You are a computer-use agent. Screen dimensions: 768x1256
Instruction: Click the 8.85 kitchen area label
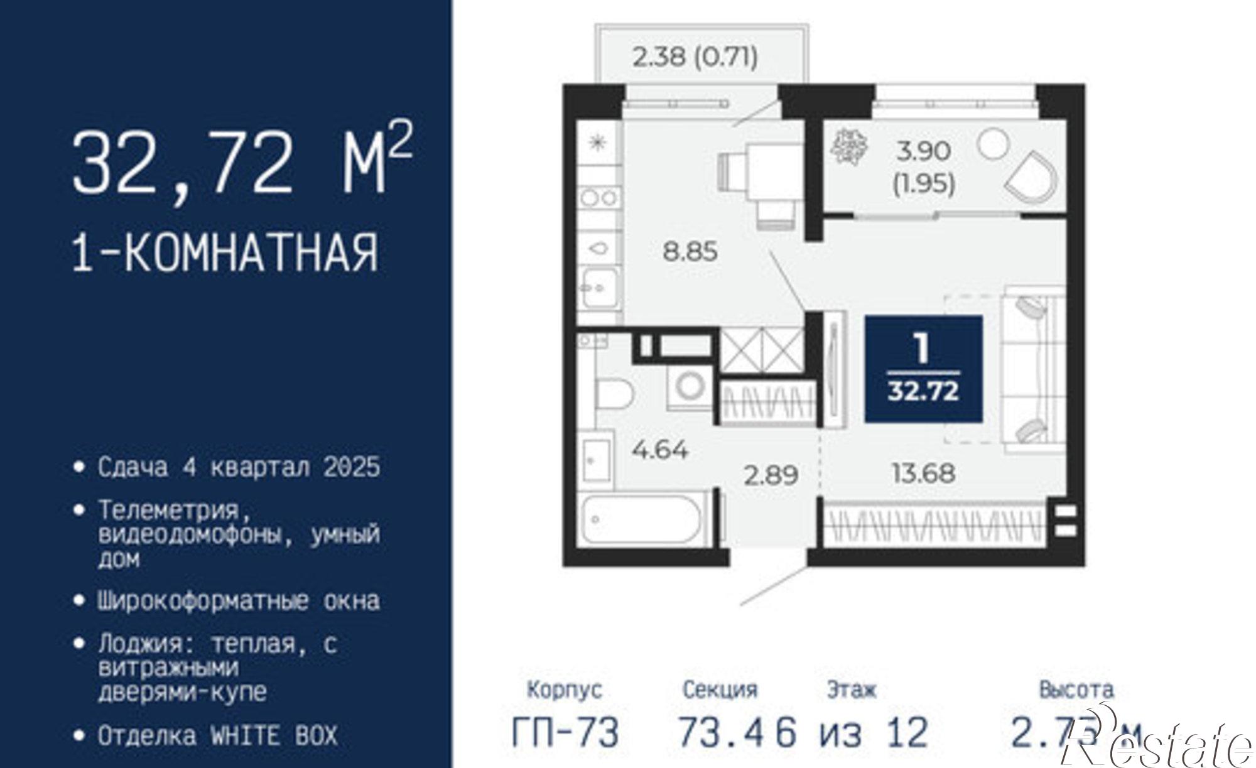690,252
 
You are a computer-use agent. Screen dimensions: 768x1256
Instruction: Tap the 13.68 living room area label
923,473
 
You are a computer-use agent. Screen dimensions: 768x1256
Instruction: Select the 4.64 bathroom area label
660,450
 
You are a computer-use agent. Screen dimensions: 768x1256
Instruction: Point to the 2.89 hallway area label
771,475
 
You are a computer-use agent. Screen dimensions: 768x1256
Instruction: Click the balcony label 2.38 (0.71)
695,57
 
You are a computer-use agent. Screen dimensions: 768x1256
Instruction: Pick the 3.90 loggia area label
924,151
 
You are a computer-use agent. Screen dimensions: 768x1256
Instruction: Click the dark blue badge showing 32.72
923,369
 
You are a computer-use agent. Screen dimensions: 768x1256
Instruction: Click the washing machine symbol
690,386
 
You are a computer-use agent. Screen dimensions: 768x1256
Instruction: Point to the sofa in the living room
1033,369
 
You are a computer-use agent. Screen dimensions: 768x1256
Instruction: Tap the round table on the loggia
993,143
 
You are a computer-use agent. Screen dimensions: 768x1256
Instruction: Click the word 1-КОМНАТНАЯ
225,252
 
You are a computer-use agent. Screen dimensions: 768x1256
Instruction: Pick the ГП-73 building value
565,732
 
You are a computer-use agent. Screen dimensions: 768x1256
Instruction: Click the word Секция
720,690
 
